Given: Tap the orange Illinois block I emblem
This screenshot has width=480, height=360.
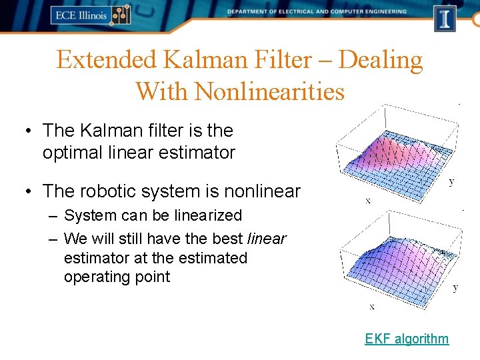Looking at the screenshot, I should click(445, 18).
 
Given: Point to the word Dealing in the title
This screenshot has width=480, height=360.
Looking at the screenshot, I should click(381, 60).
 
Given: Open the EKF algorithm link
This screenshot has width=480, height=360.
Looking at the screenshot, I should click(407, 339).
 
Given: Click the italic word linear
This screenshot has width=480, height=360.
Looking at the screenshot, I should click(267, 239).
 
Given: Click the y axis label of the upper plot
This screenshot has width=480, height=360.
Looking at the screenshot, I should click(452, 181).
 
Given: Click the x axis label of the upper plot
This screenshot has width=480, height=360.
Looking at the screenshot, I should click(367, 200).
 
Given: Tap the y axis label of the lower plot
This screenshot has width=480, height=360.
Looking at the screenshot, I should click(455, 287).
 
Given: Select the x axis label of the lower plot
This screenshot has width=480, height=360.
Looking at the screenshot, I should click(371, 307).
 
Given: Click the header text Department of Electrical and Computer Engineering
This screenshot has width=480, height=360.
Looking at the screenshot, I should click(316, 11).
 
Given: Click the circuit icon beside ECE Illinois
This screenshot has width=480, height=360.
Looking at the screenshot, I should click(120, 15).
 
